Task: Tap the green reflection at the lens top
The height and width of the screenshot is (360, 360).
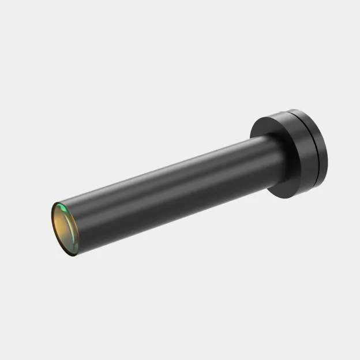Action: pos(60,206)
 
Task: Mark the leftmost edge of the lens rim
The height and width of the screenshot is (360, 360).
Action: pos(51,222)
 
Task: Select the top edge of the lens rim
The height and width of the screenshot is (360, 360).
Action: pos(57,202)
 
